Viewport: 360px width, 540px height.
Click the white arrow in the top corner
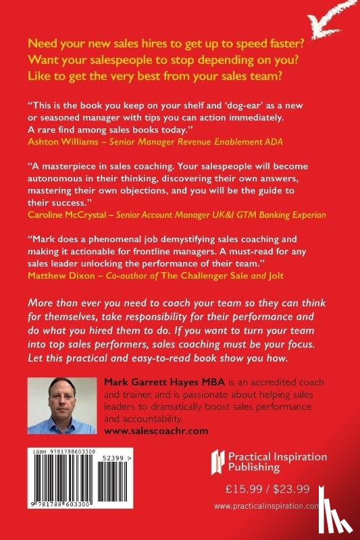334,16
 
